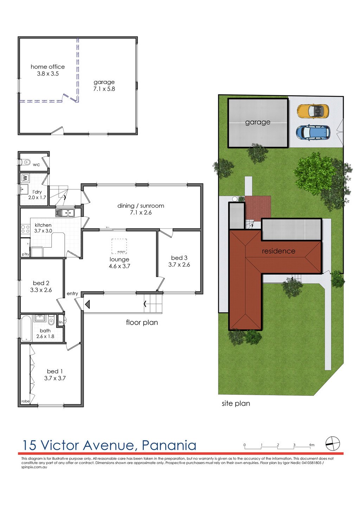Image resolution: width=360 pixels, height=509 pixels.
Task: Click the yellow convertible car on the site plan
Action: click(313, 111)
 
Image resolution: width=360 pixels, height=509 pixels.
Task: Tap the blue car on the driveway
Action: click(313, 132)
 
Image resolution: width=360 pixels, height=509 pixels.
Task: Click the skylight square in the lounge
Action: click(119, 246)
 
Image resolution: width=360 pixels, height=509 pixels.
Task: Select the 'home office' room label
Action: click(48, 67)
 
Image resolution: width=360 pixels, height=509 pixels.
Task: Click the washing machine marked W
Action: click(25, 178)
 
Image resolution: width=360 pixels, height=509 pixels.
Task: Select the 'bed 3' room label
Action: click(179, 258)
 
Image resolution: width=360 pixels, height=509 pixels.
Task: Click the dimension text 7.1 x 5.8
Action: click(104, 89)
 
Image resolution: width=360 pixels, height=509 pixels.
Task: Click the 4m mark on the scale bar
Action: click(311, 445)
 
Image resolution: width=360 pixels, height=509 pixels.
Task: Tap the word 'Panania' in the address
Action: click(169, 445)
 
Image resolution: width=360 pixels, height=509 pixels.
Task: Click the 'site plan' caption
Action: click(236, 403)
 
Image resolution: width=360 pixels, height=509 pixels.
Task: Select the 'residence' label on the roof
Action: click(278, 251)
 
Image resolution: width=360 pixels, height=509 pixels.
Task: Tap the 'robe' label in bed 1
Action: click(25, 401)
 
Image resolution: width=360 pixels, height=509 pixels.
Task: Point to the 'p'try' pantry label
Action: click(25, 254)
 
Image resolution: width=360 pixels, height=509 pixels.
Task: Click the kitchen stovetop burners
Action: click(25, 229)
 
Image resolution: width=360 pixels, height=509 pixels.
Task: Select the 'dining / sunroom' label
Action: click(141, 206)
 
